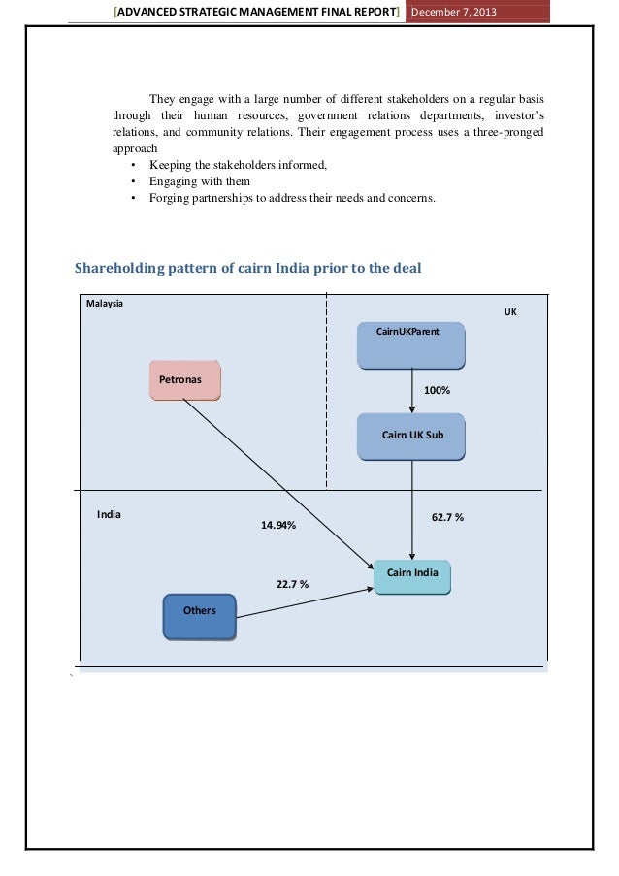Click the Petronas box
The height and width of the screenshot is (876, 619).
click(184, 380)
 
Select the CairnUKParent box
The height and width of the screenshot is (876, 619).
click(411, 344)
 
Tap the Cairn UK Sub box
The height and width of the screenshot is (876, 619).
click(411, 436)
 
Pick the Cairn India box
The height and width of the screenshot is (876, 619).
click(412, 574)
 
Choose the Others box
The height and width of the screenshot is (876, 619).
click(199, 617)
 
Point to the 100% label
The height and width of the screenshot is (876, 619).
click(438, 390)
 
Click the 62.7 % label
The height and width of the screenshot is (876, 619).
click(447, 518)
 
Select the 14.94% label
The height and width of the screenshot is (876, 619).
click(277, 525)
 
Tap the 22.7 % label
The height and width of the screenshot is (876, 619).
click(292, 584)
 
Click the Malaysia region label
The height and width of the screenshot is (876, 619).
click(105, 304)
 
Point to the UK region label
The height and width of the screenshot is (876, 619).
click(510, 313)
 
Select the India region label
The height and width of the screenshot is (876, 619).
click(109, 514)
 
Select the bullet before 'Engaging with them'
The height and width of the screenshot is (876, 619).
click(133, 181)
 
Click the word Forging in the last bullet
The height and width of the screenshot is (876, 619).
click(171, 199)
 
